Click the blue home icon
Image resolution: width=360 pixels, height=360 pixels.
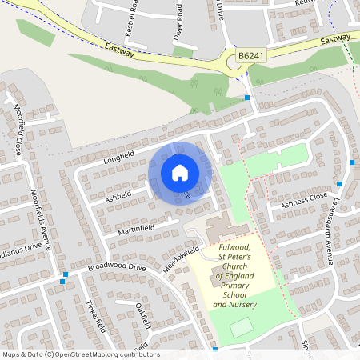tap(180, 172)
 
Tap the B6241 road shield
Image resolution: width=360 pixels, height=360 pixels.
tap(250, 56)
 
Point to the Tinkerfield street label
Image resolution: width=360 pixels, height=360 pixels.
tap(95, 317)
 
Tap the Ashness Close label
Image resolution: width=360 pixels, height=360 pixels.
tap(303, 200)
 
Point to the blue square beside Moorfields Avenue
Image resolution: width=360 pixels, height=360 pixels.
tap(62, 281)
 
